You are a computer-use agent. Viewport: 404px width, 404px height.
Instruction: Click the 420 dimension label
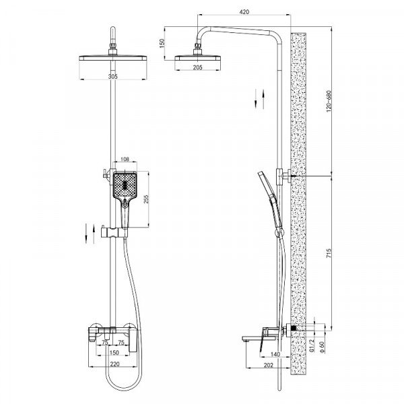click(244, 12)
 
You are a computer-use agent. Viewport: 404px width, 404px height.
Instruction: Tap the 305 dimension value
click(113, 77)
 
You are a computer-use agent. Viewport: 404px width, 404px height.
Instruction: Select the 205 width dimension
click(197, 67)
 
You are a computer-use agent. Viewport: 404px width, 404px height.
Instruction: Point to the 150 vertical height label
click(162, 43)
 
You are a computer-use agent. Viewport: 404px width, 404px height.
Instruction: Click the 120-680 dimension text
click(329, 101)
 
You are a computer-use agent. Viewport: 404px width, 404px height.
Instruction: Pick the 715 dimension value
click(329, 253)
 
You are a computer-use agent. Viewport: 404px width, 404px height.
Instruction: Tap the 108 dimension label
click(125, 159)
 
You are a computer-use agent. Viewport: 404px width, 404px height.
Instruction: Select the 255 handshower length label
click(146, 199)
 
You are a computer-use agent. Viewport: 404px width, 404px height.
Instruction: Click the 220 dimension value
click(115, 364)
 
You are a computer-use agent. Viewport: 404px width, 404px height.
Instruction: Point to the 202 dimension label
click(269, 365)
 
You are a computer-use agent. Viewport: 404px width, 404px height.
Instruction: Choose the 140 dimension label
click(275, 355)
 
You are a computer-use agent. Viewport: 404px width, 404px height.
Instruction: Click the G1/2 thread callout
click(312, 345)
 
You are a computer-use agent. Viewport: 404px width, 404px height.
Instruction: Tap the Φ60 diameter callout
click(322, 347)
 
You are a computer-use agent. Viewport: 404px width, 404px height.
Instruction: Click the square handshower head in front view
click(125, 185)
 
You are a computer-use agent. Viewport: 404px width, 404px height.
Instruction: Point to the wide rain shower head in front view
click(113, 58)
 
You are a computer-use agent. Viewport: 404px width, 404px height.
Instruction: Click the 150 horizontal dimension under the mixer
click(114, 352)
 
